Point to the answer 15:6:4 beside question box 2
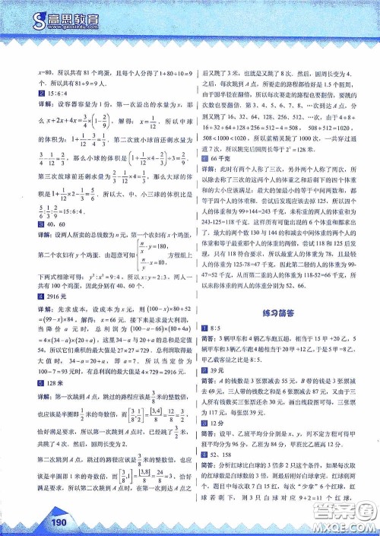[x=39, y=93]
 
